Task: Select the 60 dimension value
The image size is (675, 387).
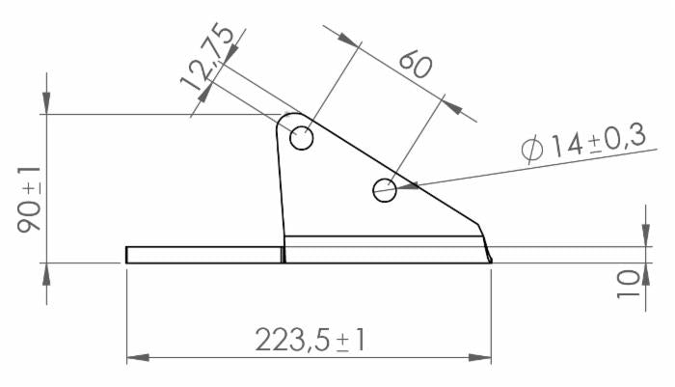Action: [414, 65]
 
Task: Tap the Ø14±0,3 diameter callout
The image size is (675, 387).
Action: [582, 145]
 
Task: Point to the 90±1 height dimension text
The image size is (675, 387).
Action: [29, 199]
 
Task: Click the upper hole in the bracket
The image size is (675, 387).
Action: [301, 138]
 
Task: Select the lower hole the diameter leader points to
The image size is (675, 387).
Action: [385, 190]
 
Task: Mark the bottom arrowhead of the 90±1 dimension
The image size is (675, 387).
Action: [46, 272]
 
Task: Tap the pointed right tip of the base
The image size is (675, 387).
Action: [491, 260]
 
